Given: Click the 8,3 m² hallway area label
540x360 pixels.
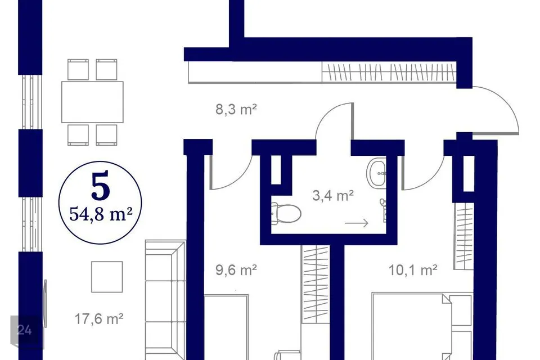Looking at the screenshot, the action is click(236, 110).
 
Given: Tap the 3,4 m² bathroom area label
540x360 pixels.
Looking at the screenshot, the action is click(333, 195).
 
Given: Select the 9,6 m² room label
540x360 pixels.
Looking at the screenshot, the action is click(236, 270).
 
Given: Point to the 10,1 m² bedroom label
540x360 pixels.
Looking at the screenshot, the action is click(413, 270).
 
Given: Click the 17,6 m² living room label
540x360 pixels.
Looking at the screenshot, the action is click(99, 319).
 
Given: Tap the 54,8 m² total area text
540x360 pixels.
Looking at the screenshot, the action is click(101, 214).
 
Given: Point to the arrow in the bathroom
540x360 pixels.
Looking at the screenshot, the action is click(357, 223).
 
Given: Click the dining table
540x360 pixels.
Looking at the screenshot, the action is click(92, 102).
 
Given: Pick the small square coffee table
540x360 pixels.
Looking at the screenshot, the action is click(107, 277).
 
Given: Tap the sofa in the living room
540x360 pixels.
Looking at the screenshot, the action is click(165, 300).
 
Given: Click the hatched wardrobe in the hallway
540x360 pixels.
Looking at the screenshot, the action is click(389, 73).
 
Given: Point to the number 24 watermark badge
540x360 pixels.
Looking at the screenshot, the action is click(25, 330).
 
